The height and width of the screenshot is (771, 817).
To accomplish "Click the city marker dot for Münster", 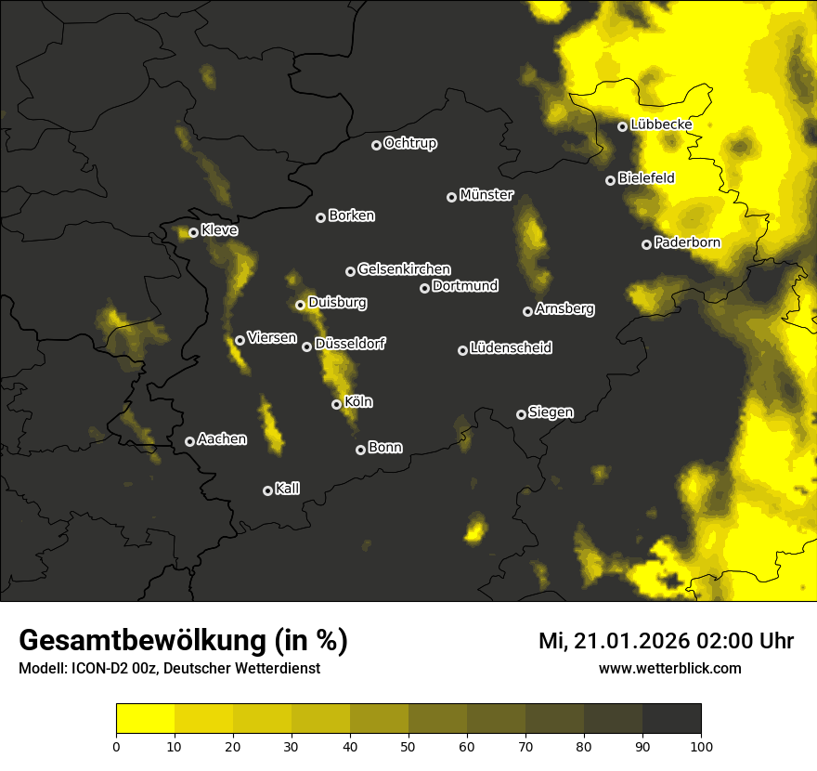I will tap(451, 197).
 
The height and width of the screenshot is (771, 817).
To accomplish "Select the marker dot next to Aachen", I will tap(189, 441).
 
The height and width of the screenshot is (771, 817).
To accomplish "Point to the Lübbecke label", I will tap(661, 124).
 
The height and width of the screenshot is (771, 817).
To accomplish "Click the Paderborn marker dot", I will tap(646, 244).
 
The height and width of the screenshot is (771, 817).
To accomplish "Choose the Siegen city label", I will tap(551, 412).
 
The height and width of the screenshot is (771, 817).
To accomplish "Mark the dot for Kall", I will tap(267, 490).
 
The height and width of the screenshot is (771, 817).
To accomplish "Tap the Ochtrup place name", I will tap(409, 143).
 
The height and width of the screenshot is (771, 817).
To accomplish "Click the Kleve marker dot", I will tap(193, 232).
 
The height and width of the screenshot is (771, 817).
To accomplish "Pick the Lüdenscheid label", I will tap(511, 348).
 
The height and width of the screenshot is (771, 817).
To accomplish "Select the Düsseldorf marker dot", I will tap(306, 346).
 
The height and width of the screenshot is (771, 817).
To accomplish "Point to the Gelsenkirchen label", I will tap(404, 269).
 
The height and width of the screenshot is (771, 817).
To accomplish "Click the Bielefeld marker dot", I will tap(610, 180).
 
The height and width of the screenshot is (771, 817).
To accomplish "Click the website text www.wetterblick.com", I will tap(669, 668).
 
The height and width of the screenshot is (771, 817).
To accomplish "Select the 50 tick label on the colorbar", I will tap(408, 745).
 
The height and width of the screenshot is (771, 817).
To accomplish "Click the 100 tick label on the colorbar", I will tap(700, 745).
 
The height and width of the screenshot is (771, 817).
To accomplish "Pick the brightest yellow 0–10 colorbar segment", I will tap(146, 719).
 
